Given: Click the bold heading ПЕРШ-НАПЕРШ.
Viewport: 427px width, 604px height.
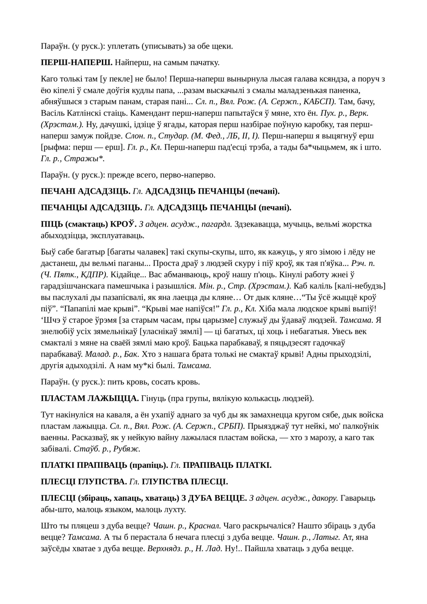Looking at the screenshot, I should pos(77,62).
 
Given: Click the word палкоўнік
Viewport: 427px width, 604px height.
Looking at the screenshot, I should pos(357,426).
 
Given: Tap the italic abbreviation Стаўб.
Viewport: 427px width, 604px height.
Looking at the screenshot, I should pos(84,449).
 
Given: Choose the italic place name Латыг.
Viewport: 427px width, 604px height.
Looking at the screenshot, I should pos(328,537).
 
